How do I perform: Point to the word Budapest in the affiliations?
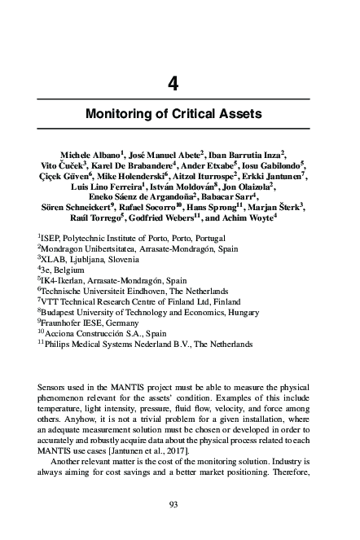[62, 311]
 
